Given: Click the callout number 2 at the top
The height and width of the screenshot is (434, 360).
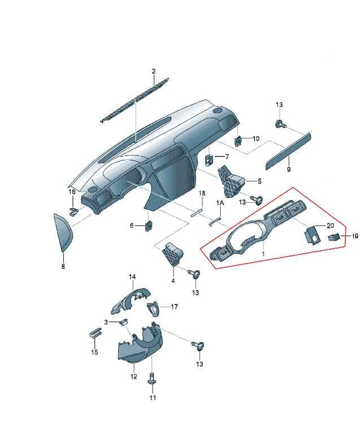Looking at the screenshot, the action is [154, 71].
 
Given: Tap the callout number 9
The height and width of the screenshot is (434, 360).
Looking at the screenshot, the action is [289, 169].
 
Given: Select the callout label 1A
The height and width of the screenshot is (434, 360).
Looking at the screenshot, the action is [220, 203].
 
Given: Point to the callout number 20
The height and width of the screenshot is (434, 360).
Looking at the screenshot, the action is [330, 225].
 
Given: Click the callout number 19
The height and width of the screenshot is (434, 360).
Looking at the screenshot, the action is [355, 236].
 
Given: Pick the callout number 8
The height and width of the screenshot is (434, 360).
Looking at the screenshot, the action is [63, 267].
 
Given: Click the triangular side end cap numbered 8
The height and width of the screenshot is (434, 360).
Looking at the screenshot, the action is [63, 232].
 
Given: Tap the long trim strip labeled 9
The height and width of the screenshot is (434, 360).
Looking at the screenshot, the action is [288, 151].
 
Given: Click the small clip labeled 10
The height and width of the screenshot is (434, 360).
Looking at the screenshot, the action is [238, 141].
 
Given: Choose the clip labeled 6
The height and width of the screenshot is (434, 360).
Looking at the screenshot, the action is [149, 226].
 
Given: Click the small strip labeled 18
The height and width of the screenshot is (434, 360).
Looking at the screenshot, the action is [196, 212].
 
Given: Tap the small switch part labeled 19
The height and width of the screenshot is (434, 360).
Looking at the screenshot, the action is [333, 237].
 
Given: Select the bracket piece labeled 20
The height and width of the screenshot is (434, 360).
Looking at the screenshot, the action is [312, 235].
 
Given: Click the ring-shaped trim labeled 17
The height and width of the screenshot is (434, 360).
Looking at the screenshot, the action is [154, 309].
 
